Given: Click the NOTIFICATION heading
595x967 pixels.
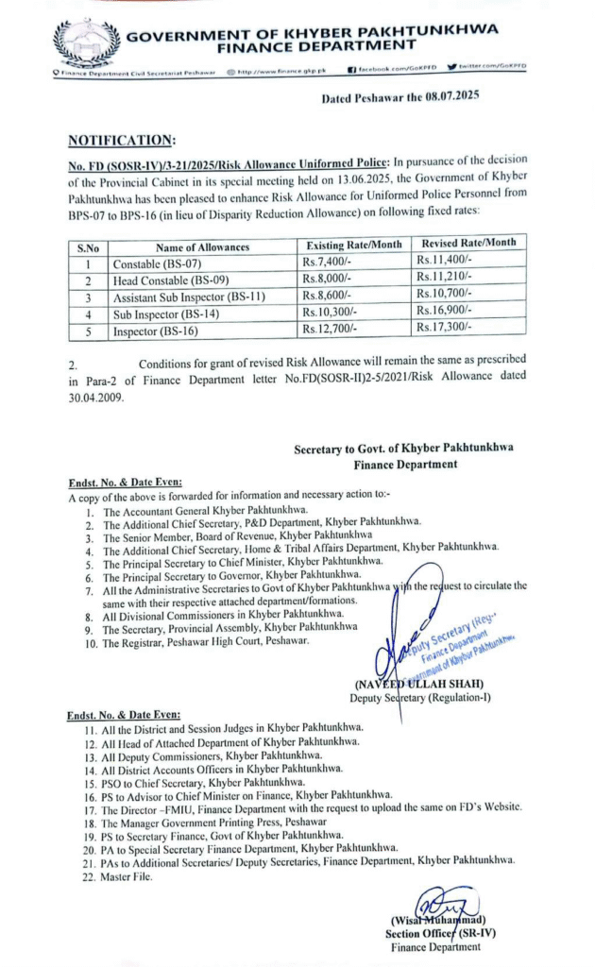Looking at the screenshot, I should pos(122,141).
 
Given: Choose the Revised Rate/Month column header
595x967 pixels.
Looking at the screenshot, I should pos(468,243).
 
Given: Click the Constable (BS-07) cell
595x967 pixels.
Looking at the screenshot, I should pos(152,263).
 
